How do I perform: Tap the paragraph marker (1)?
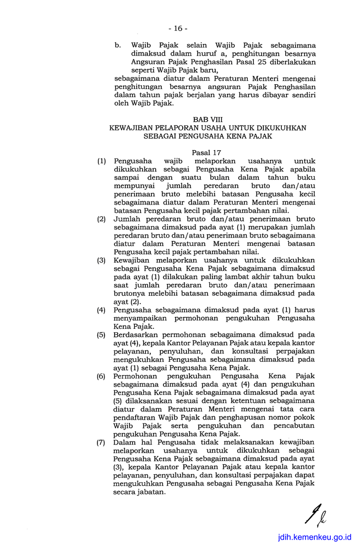pos(101,162)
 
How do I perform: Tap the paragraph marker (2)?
pos(101,219)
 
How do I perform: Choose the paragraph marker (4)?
pos(101,310)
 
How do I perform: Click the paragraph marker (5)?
pos(101,334)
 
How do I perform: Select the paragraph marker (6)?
pos(101,376)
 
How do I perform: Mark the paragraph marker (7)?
pos(101,442)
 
